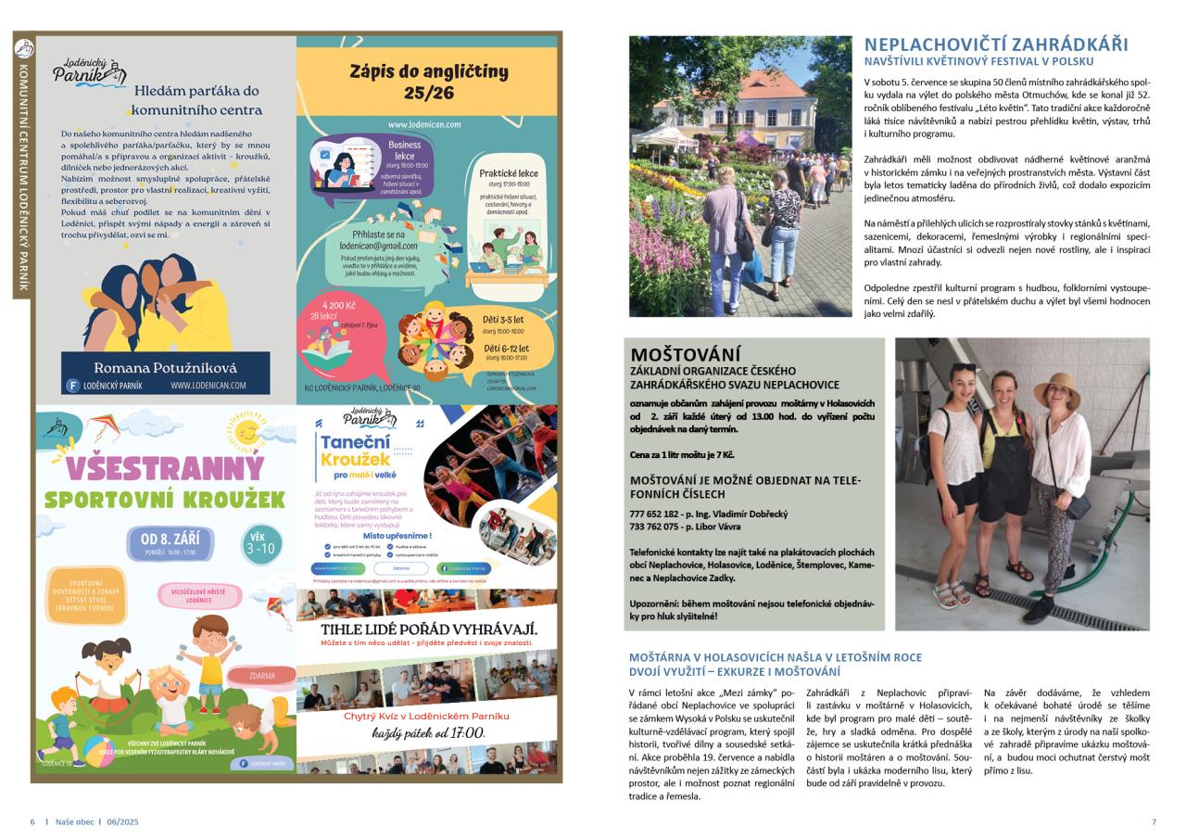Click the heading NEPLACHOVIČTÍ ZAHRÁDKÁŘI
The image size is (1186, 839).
click(996, 44)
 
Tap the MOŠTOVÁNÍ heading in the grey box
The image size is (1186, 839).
click(686, 354)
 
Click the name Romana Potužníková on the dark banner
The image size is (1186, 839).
click(166, 368)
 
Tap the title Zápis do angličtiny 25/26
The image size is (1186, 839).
click(428, 82)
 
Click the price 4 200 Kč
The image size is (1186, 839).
click(339, 304)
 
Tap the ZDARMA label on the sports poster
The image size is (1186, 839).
click(262, 676)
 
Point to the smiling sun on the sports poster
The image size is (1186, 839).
click(247, 431)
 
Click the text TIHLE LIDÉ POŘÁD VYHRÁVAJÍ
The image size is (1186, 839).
click(428, 630)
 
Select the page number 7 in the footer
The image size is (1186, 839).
click(1154, 821)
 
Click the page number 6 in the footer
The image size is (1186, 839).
click(32, 821)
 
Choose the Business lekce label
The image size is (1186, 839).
click(404, 150)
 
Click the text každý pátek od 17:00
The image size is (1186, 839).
click(428, 733)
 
